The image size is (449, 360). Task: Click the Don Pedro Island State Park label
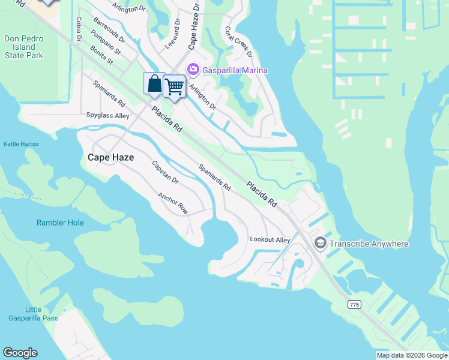pos(24,47)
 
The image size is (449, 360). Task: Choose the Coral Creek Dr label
pos(238,42)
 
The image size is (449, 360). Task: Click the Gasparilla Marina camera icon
pos(193,70)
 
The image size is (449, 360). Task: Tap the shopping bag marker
pos(154,84)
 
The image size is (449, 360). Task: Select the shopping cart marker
pos(174,86)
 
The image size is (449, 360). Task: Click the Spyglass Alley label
pos(107,115)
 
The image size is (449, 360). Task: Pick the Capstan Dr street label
pos(165,172)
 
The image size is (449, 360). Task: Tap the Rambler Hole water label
pos(60,223)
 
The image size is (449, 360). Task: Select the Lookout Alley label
pos(270,240)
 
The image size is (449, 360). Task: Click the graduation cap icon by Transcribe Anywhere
pos(319,243)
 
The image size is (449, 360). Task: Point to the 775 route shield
pos(354,305)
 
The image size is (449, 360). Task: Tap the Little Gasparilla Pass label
pos(33,314)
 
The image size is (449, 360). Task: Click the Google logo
pos(20,353)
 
